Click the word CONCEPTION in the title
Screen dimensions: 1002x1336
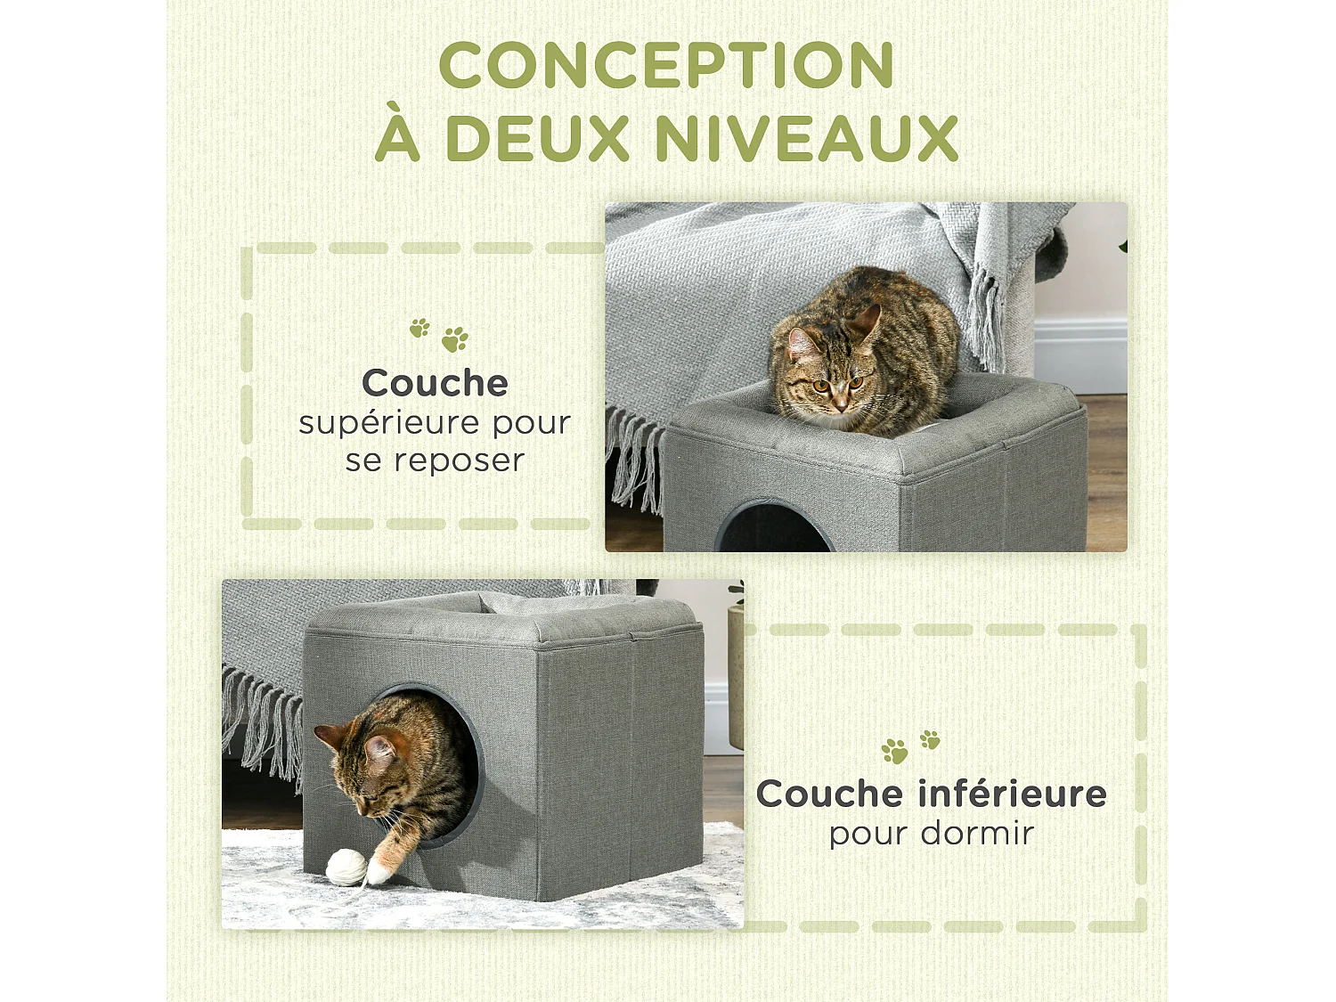coord(666,66)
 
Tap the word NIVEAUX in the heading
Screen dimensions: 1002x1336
coord(806,139)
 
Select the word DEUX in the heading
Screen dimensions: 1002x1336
coord(537,139)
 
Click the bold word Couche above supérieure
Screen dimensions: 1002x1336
coord(435,383)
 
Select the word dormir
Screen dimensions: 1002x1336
coord(977,834)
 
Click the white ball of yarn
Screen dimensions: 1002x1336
coord(346,866)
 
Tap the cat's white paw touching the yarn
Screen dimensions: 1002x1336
coord(381,868)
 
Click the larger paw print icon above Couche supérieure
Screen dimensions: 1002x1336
coord(455,339)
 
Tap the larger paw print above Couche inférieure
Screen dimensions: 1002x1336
coord(894,752)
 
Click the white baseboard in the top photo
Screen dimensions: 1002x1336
coord(1080,356)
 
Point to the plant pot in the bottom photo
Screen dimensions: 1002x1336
coord(736,677)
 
